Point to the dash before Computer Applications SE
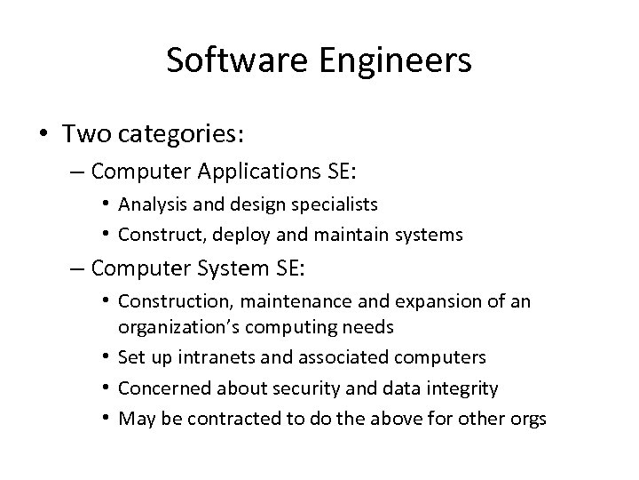pos(78,170)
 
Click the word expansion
pos(423,301)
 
